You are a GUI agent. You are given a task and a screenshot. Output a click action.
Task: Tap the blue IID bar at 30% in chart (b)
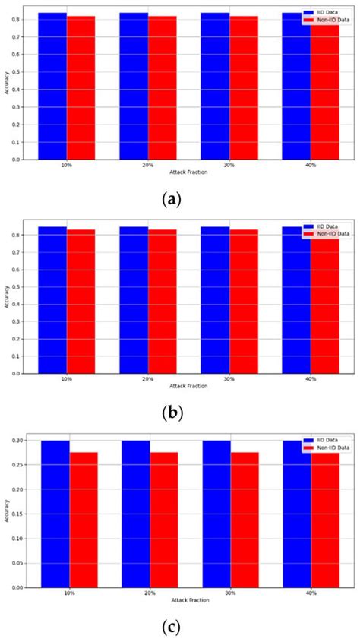pos(215,299)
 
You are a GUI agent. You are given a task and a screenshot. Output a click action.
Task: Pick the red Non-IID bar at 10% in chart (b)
pos(81,301)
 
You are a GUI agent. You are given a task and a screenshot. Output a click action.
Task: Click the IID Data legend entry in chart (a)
pos(324,12)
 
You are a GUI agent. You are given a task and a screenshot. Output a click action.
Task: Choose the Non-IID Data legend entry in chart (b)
pos(327,233)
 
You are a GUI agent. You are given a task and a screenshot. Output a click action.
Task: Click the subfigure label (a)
pos(172,199)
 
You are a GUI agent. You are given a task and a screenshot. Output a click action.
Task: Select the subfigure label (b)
pos(172,413)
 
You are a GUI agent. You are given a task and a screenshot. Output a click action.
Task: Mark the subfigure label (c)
pos(172,628)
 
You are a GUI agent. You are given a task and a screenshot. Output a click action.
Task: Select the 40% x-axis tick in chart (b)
pos(310,379)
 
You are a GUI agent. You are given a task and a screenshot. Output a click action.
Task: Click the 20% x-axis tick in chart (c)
pos(150,593)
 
